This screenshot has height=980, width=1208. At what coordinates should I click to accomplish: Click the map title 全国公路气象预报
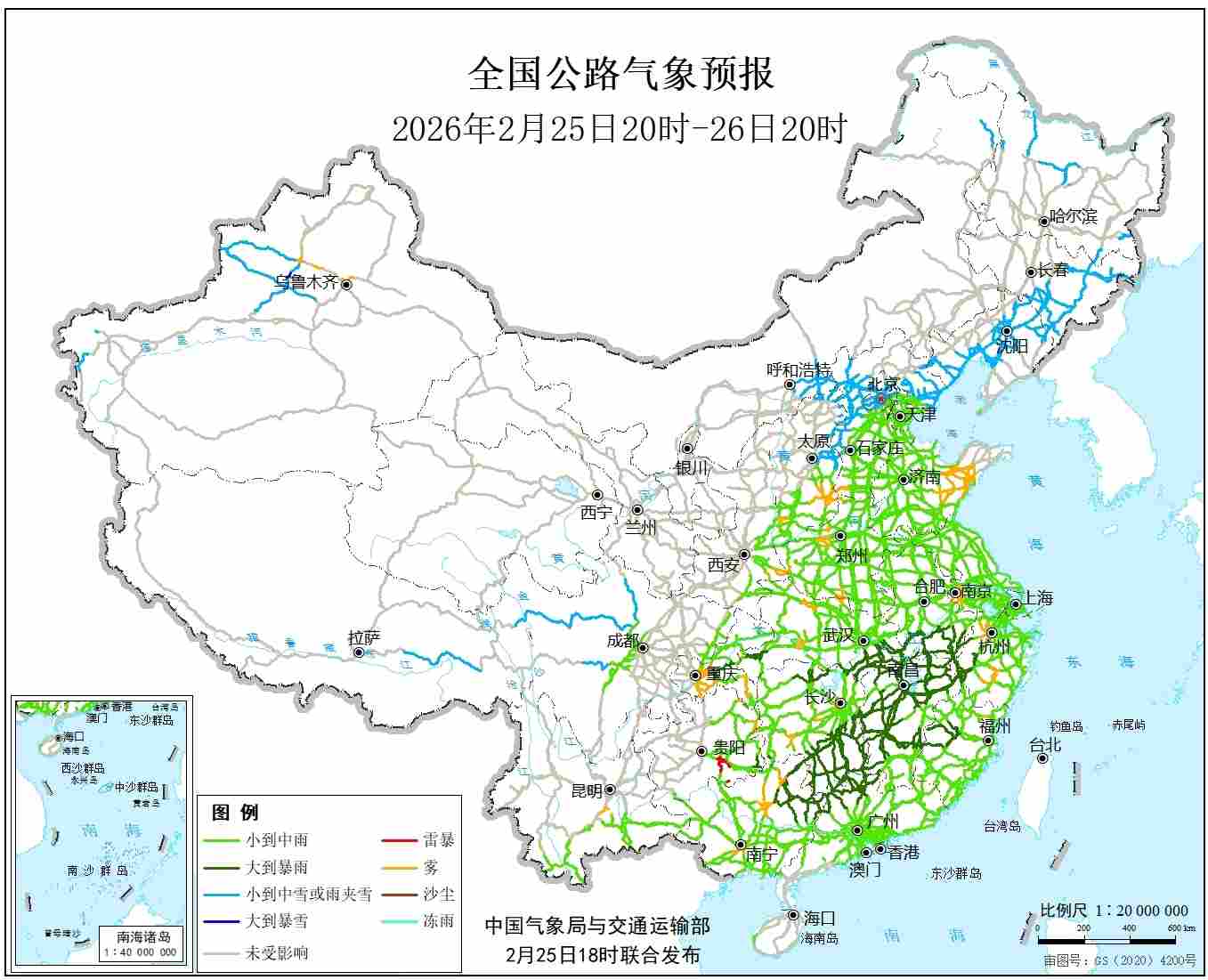click(x=620, y=74)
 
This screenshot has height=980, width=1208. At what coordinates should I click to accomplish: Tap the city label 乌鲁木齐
click(x=305, y=282)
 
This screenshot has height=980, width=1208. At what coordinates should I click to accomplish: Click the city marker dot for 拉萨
click(x=359, y=652)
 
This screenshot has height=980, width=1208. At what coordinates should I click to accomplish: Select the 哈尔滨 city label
click(x=1074, y=215)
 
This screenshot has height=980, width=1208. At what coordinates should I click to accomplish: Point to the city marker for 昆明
click(x=610, y=790)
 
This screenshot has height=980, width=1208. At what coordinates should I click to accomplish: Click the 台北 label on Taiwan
click(x=1045, y=745)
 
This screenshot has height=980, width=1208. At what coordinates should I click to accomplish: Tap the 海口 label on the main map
click(x=819, y=917)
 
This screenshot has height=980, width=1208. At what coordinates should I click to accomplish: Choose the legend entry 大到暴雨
click(x=277, y=867)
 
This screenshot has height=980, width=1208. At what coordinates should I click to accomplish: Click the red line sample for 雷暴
click(x=399, y=839)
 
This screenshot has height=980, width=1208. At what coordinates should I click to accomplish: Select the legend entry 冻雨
click(x=438, y=920)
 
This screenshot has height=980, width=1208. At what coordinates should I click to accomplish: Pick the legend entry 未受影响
click(x=277, y=952)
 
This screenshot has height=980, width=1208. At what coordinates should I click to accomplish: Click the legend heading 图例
click(x=235, y=812)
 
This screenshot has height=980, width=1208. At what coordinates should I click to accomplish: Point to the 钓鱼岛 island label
click(x=1066, y=726)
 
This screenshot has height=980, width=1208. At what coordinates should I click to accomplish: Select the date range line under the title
click(x=620, y=129)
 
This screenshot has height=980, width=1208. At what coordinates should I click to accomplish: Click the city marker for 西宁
click(x=597, y=495)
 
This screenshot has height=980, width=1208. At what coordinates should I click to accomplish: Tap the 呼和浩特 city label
click(x=799, y=369)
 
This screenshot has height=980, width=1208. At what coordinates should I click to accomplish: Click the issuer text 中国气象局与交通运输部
click(x=597, y=926)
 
